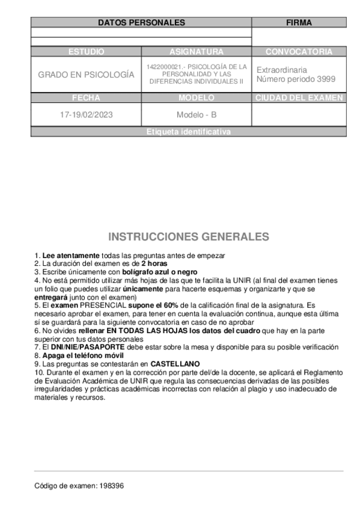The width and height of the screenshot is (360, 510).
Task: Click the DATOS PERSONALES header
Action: pyautogui.click(x=141, y=22)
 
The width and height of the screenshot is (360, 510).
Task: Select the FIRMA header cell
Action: pyautogui.click(x=299, y=22)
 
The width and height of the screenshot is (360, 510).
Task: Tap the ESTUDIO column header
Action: pyautogui.click(x=86, y=52)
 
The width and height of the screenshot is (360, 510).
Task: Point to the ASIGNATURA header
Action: pyautogui.click(x=196, y=52)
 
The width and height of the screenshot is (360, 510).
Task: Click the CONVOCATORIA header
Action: pyautogui.click(x=299, y=52)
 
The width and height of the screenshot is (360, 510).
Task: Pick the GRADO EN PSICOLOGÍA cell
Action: pyautogui.click(x=86, y=75)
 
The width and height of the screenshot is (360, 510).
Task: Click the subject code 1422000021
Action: pyautogui.click(x=163, y=67)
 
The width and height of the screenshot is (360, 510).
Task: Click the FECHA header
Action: pyautogui.click(x=86, y=97)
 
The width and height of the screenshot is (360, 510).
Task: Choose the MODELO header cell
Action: pyautogui.click(x=196, y=97)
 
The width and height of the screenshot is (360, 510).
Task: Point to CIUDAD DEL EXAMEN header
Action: pyautogui.click(x=299, y=97)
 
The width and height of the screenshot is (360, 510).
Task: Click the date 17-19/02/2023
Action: pyautogui.click(x=86, y=114)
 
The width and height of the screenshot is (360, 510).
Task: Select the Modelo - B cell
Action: pyautogui.click(x=196, y=114)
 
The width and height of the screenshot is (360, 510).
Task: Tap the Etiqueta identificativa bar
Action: pyautogui.click(x=188, y=132)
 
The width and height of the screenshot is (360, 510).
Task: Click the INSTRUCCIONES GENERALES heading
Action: pyautogui.click(x=188, y=236)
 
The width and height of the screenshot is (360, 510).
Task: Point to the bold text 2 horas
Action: pyautogui.click(x=154, y=263)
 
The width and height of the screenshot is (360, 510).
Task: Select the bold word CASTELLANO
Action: pyautogui.click(x=175, y=364)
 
